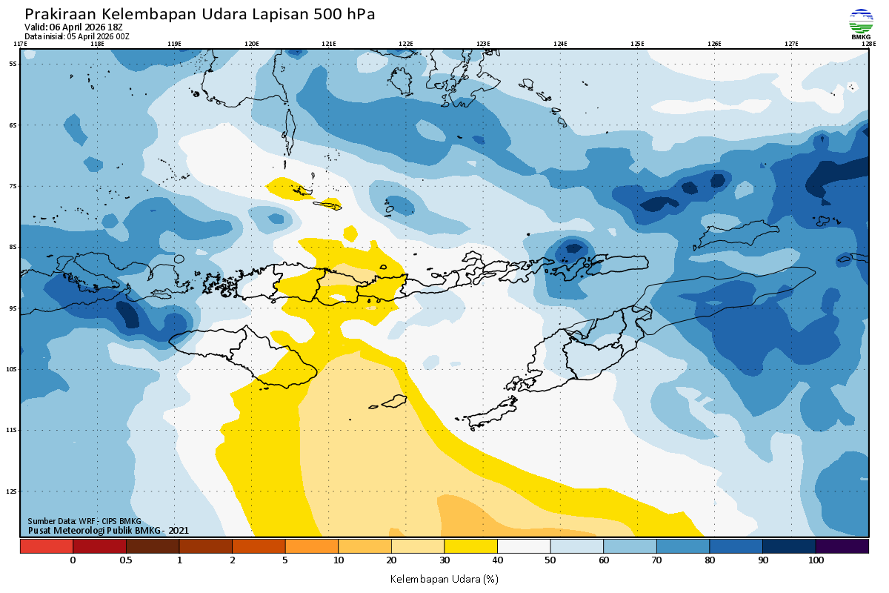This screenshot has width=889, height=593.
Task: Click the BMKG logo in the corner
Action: click(x=861, y=24)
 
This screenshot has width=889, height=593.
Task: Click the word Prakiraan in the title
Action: click(x=60, y=14)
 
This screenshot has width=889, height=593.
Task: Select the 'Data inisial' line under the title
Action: click(x=77, y=36)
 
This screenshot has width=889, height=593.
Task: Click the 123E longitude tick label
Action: click(x=483, y=44)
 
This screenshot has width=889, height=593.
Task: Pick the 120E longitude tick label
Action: click(x=252, y=44)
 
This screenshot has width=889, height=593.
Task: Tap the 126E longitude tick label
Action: click(x=714, y=44)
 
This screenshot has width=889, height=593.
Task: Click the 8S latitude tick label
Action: click(x=13, y=247)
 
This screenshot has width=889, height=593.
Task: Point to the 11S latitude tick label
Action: click(x=13, y=430)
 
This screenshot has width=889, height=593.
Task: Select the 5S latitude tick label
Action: click(x=13, y=64)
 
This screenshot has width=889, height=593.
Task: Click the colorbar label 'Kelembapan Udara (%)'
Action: click(x=444, y=578)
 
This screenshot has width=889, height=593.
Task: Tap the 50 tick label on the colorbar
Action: click(x=550, y=560)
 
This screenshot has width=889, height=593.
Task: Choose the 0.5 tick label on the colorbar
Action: click(x=126, y=560)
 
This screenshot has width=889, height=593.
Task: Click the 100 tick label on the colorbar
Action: click(x=816, y=560)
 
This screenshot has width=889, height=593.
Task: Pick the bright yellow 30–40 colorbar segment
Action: click(x=470, y=546)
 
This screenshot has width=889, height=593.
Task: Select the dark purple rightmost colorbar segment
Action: click(x=842, y=546)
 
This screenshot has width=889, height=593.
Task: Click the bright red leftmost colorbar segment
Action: click(x=47, y=546)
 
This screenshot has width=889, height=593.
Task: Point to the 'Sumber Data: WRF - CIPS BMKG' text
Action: click(x=84, y=521)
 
